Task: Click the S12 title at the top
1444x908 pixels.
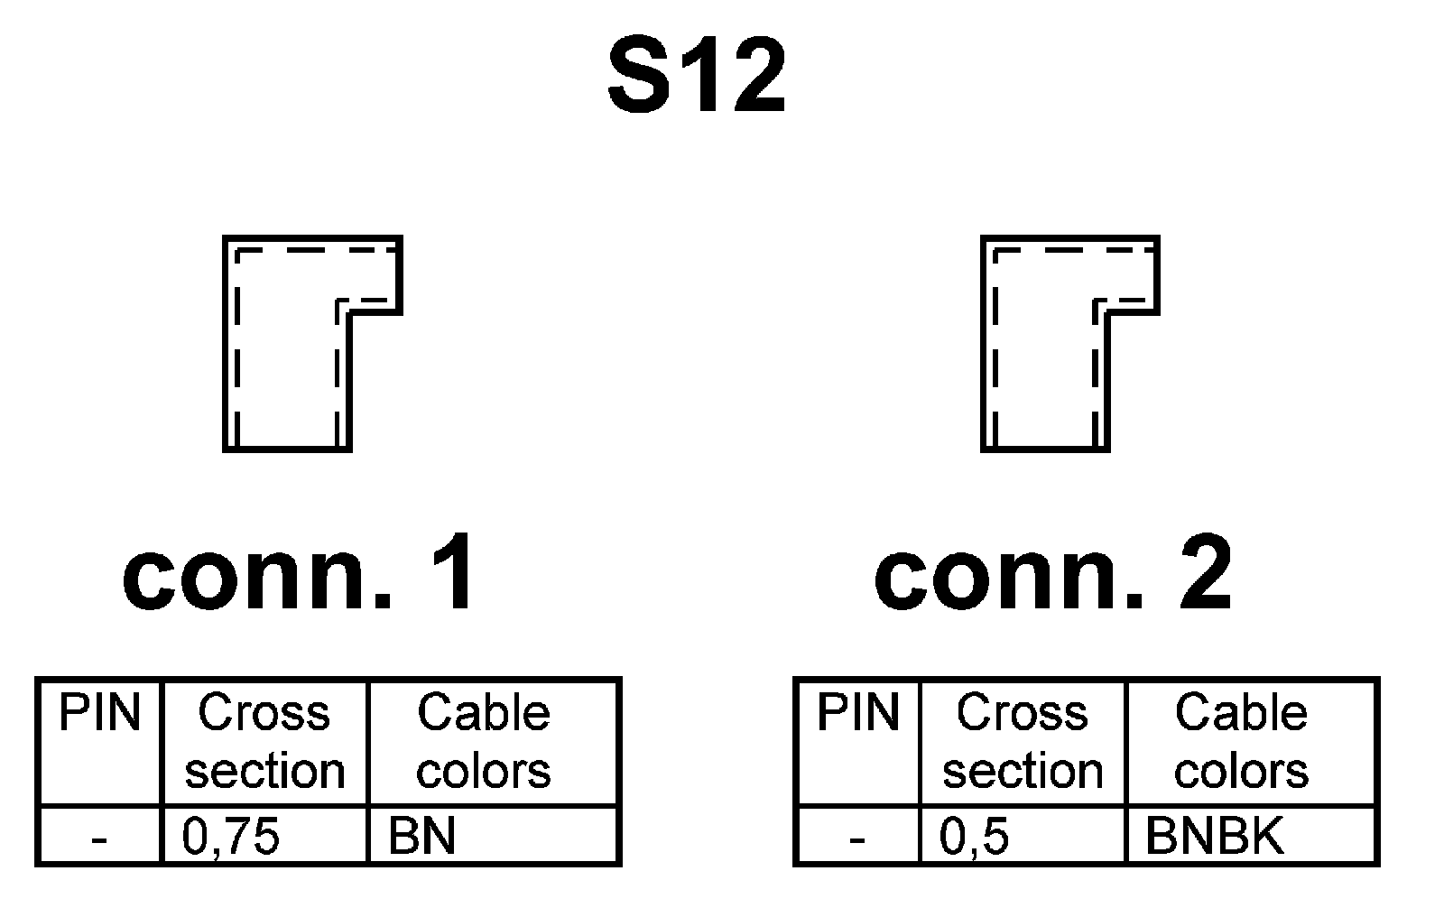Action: [x=696, y=79]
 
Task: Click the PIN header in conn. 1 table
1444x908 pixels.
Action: [x=99, y=714]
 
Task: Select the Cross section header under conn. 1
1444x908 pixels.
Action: [x=264, y=742]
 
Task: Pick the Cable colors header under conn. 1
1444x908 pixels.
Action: [x=484, y=742]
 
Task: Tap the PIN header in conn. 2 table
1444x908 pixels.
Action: [x=857, y=714]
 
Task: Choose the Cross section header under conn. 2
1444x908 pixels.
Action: [x=1023, y=742]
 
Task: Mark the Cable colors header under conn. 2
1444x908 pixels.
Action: [x=1241, y=742]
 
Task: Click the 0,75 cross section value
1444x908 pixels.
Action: [x=231, y=838]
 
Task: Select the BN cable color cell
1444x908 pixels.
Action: [x=421, y=838]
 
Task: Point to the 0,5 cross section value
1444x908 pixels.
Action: [x=974, y=838]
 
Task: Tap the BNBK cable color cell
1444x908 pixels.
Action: [x=1214, y=838]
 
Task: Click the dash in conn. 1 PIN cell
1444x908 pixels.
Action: [x=99, y=840]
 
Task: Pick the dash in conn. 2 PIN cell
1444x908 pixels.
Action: [x=857, y=840]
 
